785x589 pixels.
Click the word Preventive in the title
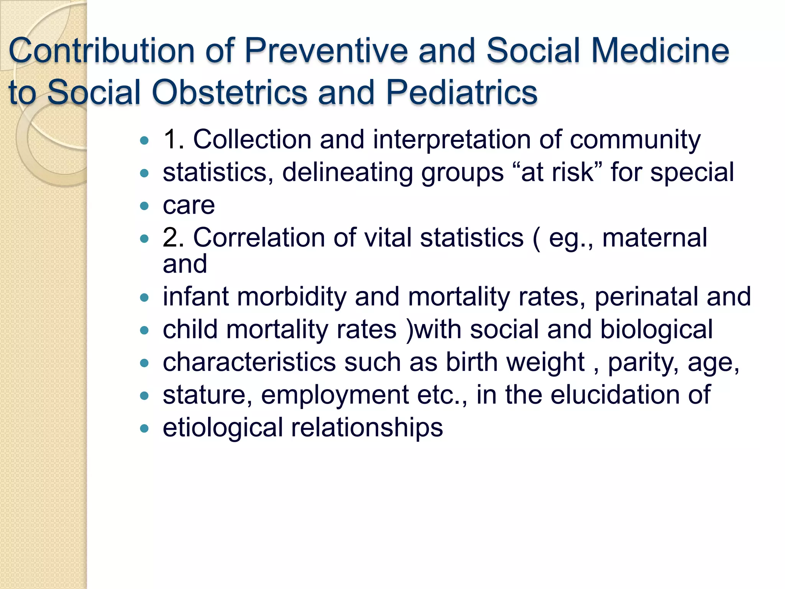326,51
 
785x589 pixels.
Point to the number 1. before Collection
174,139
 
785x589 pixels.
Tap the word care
189,206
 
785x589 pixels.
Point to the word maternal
654,238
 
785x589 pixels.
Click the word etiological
223,428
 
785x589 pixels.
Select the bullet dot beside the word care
144,206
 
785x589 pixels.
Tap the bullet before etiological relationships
144,428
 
